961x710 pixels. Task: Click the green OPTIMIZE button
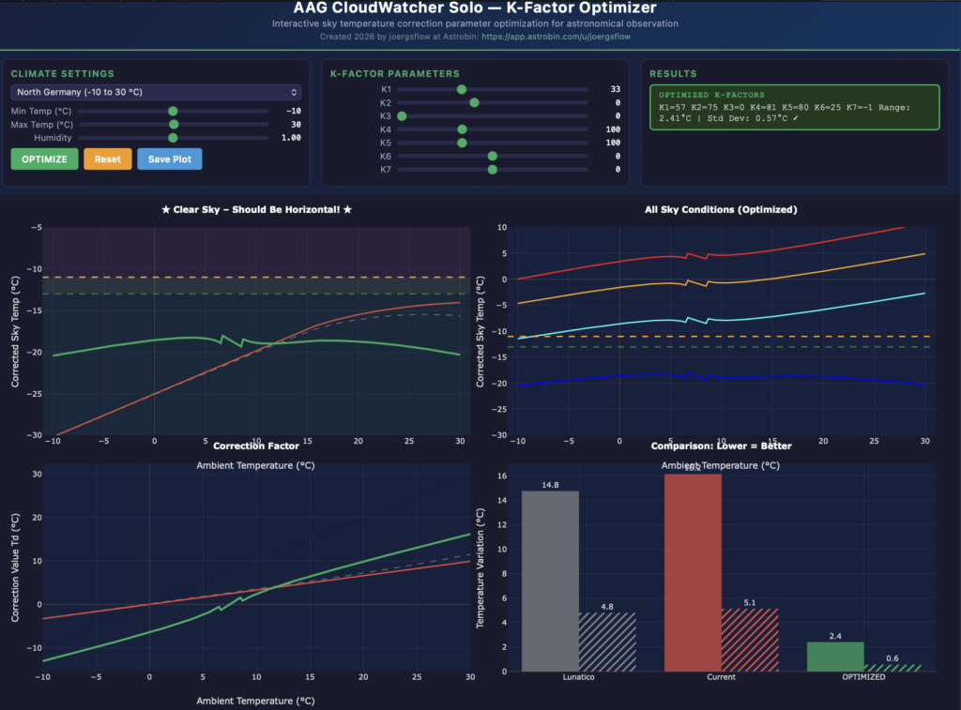[x=44, y=159]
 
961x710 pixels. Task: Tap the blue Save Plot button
[x=169, y=159]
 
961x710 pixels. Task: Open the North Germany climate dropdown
[x=156, y=92]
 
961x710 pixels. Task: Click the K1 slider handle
[x=462, y=89]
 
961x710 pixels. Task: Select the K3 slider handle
[x=402, y=116]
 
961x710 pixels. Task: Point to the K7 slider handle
[x=493, y=170]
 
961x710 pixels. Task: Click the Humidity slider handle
[x=173, y=138]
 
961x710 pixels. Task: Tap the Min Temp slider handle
[x=173, y=111]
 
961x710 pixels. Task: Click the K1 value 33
[x=615, y=89]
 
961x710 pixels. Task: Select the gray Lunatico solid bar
[x=550, y=581]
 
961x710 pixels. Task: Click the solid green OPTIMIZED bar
[x=835, y=657]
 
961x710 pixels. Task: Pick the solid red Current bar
[x=693, y=572]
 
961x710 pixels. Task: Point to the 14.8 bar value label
[x=550, y=484]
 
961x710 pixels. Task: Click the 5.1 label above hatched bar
[x=750, y=602]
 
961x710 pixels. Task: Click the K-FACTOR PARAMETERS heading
[x=394, y=73]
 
